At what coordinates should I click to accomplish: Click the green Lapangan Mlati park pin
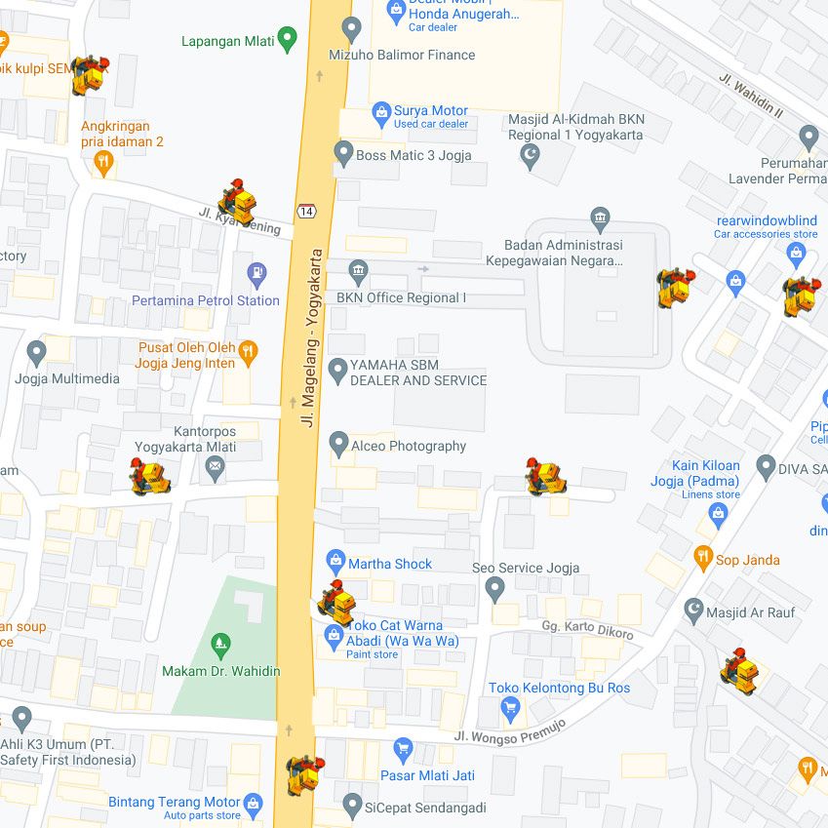[x=287, y=40]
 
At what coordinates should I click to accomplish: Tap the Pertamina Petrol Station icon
[x=256, y=274]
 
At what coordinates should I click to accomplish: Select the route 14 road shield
[x=307, y=211]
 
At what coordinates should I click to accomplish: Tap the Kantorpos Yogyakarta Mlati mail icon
[x=215, y=470]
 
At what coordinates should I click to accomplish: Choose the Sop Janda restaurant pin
[x=703, y=559]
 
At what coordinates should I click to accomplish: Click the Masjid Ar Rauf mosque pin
[x=693, y=611]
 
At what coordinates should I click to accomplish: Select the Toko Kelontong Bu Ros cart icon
[x=510, y=709]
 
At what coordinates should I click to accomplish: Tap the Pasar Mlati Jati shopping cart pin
[x=403, y=750]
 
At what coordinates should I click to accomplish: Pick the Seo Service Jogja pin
[x=495, y=588]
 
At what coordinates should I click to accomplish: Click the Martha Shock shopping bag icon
[x=335, y=562]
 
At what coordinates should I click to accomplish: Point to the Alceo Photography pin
[x=338, y=445]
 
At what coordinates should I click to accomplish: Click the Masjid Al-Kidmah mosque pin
[x=531, y=155]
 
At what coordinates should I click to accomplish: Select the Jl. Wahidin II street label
[x=751, y=97]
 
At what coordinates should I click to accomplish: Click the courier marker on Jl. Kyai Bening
[x=236, y=199]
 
